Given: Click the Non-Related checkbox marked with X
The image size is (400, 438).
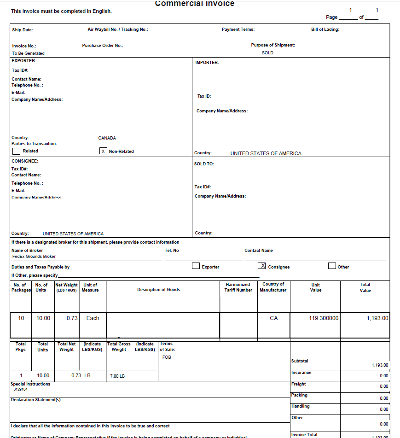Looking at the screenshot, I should tap(104, 151).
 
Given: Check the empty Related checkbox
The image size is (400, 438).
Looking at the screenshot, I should tap(16, 151).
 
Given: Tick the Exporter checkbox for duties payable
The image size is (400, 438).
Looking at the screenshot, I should tap(196, 266).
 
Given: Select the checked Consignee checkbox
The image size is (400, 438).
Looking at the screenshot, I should tap(262, 266).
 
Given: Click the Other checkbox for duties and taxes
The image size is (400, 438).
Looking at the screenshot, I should tap(332, 266).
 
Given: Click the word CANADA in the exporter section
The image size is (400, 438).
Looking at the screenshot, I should tap(107, 138).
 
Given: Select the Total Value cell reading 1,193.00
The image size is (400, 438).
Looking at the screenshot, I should tap(377, 318).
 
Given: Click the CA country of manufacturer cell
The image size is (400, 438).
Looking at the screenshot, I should tap(273, 318).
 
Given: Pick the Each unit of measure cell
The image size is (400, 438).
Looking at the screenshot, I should tap(93, 318).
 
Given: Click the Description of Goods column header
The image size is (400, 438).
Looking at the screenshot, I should tap(158, 290).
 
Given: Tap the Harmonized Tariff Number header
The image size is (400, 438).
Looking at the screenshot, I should tap(238, 287).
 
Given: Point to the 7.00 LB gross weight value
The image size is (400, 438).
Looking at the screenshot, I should tap(117, 376).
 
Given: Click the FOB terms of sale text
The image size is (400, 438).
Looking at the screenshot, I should tap(167, 357).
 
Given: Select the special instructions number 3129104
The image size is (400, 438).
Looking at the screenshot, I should tap(21, 389).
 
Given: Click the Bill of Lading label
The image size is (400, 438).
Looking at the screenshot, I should tap(325, 29).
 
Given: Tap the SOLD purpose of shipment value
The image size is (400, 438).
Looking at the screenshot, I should tap(267, 53).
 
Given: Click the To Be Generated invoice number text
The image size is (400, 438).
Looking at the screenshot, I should tap(28, 53).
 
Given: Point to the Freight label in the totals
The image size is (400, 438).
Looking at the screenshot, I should tap(298, 384).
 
